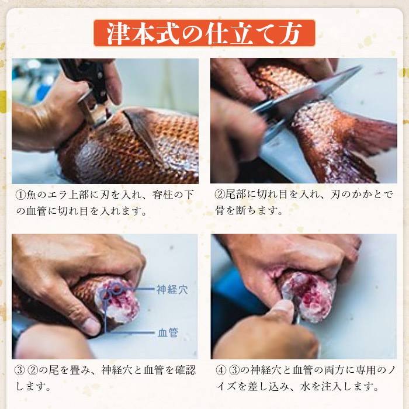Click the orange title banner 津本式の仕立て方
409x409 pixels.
pyautogui.click(x=204, y=33)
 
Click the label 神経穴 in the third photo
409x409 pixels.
pyautogui.click(x=172, y=289)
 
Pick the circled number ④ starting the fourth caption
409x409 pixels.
pyautogui.click(x=220, y=370)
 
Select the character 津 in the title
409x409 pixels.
pyautogui.click(x=116, y=33)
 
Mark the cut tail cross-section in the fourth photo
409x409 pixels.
pyautogui.click(x=310, y=292)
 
